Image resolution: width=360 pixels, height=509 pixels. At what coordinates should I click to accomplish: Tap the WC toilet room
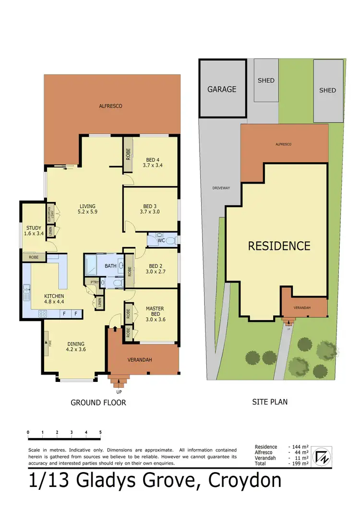pos(162,239)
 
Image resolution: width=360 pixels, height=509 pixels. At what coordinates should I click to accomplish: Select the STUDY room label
pos(34,231)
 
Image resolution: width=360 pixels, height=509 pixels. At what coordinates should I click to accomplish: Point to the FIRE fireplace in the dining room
pos(47,343)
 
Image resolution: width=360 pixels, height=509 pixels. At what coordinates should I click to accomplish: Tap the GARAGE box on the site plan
pos(222,89)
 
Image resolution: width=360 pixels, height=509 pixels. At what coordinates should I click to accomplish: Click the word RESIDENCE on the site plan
pos(279,246)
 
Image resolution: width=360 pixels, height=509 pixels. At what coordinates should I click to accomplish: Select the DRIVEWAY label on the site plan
pos(221,188)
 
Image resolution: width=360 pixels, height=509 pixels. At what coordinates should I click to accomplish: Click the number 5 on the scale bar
pos(100,432)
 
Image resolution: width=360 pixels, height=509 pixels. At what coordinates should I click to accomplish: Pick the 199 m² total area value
pos(300,464)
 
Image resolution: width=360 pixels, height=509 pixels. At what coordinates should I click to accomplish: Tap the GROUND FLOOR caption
pos(98,402)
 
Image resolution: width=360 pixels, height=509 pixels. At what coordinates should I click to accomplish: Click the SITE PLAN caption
pos(270,402)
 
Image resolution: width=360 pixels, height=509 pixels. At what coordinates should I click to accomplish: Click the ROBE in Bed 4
pos(128,155)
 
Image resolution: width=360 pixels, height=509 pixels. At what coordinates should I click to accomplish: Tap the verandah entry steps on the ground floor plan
pos(118,382)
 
